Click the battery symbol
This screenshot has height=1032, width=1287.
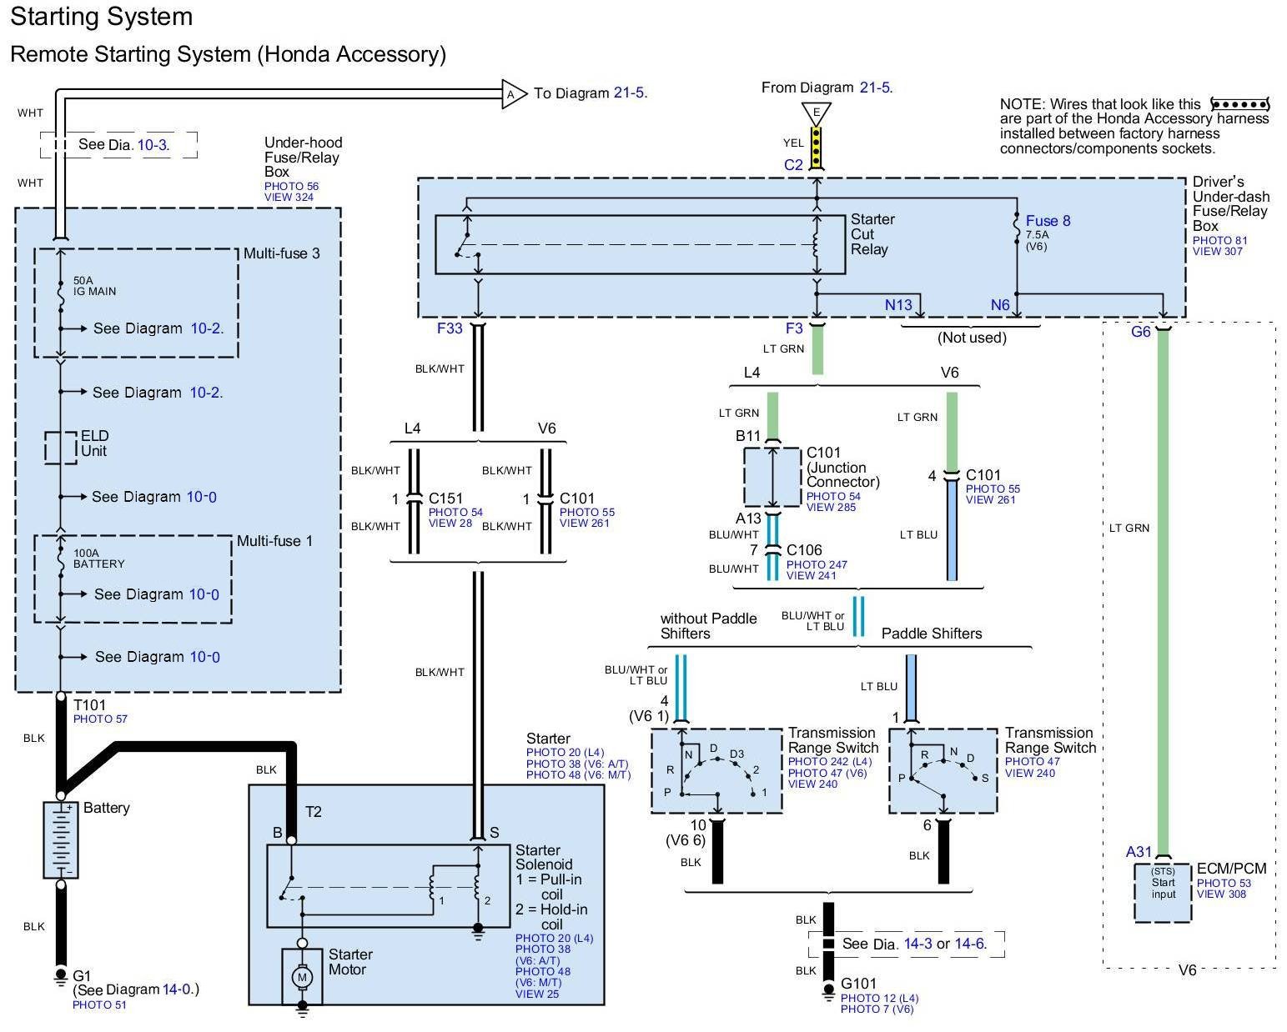pyautogui.click(x=60, y=839)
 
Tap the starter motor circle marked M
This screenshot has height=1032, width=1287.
pyautogui.click(x=302, y=976)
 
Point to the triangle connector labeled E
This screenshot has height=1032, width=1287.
pyautogui.click(x=817, y=113)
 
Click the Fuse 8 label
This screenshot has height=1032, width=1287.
pyautogui.click(x=1048, y=221)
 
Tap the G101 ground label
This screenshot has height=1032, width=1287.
pyautogui.click(x=859, y=984)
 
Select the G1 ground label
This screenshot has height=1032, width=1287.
pyautogui.click(x=82, y=975)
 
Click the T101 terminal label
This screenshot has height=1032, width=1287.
pyautogui.click(x=90, y=705)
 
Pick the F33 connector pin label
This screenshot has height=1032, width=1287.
pyautogui.click(x=450, y=328)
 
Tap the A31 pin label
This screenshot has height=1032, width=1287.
pyautogui.click(x=1139, y=852)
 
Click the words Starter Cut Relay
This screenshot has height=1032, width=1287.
pyautogui.click(x=872, y=234)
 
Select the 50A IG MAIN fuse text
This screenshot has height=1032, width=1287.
pyautogui.click(x=95, y=286)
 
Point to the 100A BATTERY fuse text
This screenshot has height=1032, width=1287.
pyautogui.click(x=98, y=559)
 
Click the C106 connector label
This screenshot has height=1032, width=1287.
pyautogui.click(x=804, y=550)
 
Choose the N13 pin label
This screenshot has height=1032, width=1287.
pyautogui.click(x=898, y=305)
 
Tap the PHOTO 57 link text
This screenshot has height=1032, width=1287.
pyautogui.click(x=100, y=719)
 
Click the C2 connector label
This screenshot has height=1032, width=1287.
pyautogui.click(x=793, y=165)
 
